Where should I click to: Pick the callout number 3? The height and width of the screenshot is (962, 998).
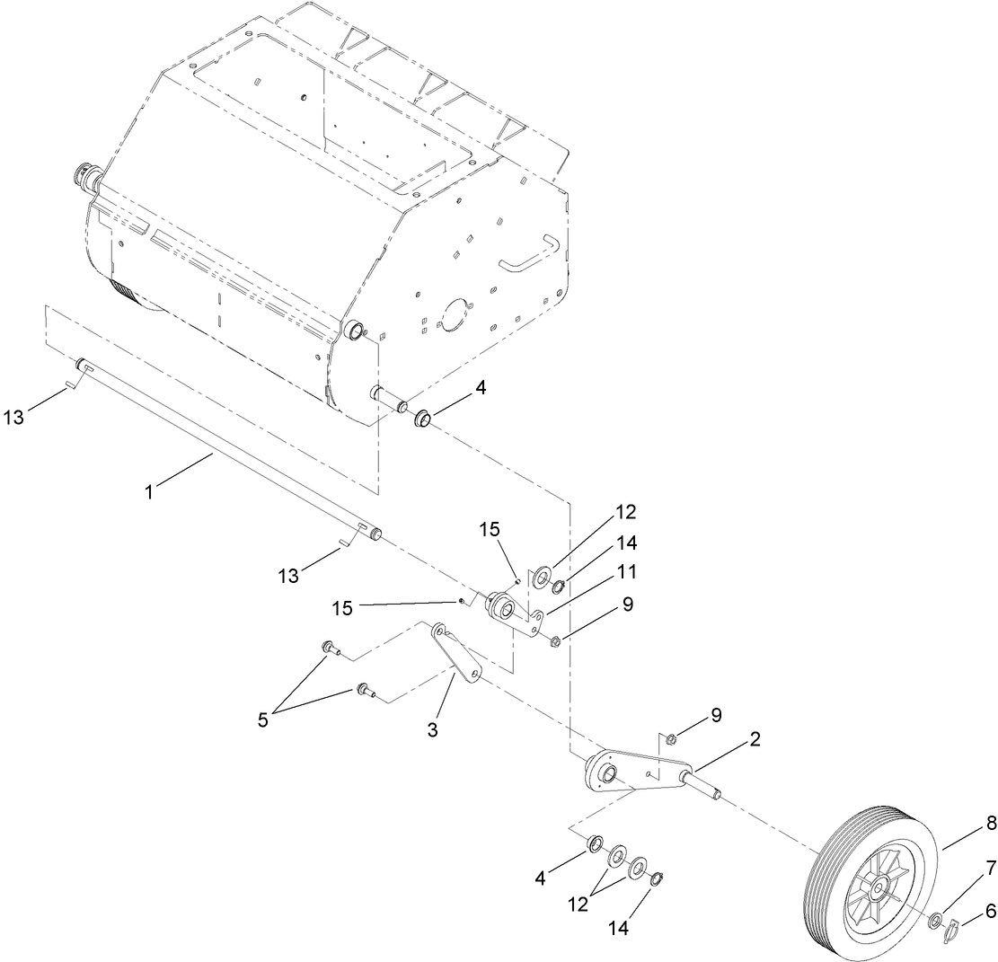[432, 729]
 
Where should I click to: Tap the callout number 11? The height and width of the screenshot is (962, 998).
[626, 570]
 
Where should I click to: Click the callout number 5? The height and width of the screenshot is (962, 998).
[262, 720]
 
